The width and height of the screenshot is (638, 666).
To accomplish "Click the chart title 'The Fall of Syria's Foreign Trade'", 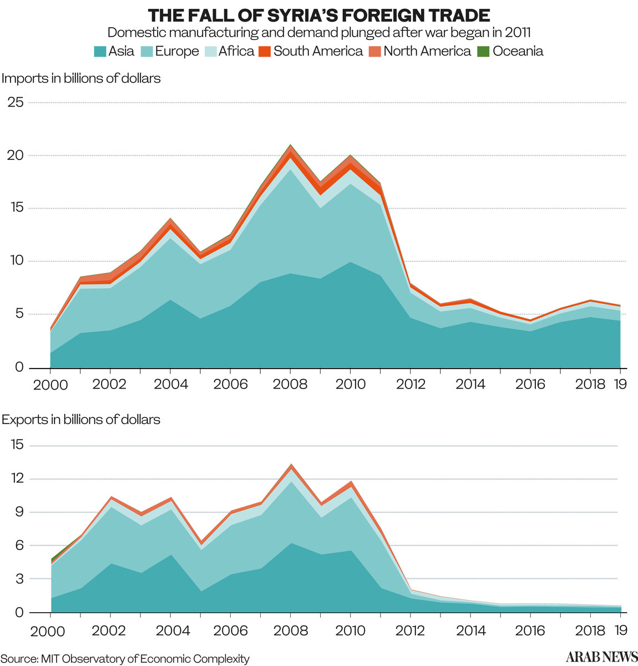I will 319,14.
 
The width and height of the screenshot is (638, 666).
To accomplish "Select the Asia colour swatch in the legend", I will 100,52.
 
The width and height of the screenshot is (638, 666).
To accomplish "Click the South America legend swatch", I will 265,52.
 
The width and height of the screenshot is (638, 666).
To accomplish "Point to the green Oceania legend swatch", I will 484,52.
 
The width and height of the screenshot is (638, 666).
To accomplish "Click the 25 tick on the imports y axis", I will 16,102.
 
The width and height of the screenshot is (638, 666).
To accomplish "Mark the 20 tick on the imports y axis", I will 16,155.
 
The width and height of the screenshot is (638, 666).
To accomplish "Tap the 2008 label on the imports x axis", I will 290,384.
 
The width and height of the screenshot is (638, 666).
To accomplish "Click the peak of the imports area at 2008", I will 290,145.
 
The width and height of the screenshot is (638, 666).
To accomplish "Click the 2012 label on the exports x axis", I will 411,630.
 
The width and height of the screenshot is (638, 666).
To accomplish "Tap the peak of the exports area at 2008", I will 290,465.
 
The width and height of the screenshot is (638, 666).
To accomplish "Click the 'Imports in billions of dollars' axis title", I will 81,78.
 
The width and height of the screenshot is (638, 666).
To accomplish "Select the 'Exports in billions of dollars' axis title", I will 81,420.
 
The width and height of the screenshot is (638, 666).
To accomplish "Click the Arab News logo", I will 601,657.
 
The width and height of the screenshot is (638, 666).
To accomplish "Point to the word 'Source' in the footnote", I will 18,659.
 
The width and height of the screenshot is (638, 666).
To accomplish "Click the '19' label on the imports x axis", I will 620,384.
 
